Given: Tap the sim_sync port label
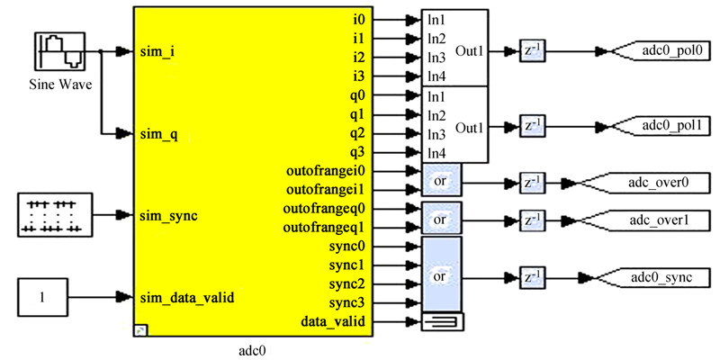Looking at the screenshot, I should [x=169, y=216].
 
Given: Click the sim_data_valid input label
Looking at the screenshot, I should [x=187, y=296].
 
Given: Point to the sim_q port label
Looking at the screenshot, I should [x=159, y=134].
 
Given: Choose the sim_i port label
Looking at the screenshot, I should [x=157, y=52].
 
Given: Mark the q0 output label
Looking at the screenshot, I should [x=357, y=95].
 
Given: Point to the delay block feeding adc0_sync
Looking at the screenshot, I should [x=532, y=276].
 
